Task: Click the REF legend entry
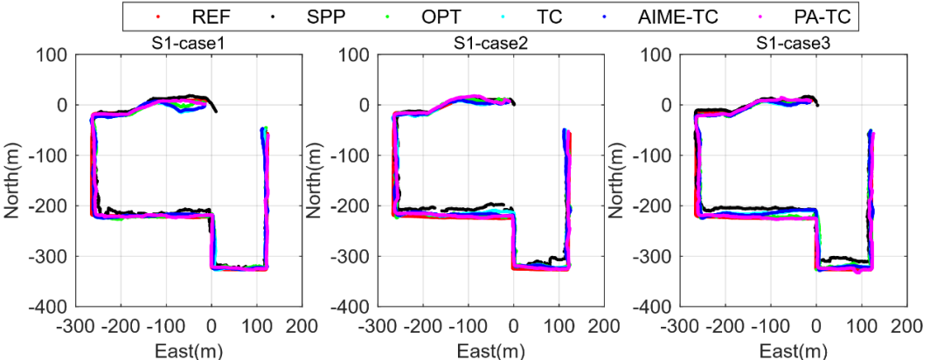click(x=199, y=16)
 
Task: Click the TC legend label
click(x=552, y=16)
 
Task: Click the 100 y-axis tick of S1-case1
click(x=52, y=55)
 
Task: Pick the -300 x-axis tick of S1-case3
click(x=681, y=326)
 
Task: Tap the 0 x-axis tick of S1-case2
click(x=513, y=326)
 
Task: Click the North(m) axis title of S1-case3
click(x=621, y=180)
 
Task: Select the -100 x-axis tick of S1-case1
click(x=166, y=326)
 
